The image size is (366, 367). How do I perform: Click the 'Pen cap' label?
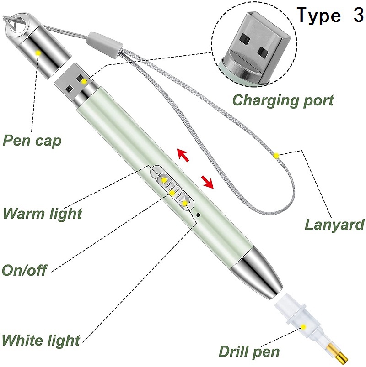(32, 141)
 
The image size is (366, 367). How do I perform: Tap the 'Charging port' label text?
(283, 100)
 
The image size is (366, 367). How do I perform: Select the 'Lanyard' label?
(334, 224)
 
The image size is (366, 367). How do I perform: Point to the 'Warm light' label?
(43, 213)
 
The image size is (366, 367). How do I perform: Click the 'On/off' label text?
(24, 270)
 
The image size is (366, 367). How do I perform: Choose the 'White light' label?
(41, 340)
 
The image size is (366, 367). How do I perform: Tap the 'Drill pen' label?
(249, 351)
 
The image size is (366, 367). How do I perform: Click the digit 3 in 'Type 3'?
(358, 15)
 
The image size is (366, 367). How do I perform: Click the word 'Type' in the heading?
(318, 16)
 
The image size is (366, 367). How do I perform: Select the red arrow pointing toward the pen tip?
(207, 183)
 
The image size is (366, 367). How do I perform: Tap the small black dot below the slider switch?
(199, 215)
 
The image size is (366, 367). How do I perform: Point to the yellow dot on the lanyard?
(277, 155)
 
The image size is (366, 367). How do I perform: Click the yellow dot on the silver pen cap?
(38, 53)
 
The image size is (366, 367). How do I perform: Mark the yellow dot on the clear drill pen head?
(304, 326)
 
